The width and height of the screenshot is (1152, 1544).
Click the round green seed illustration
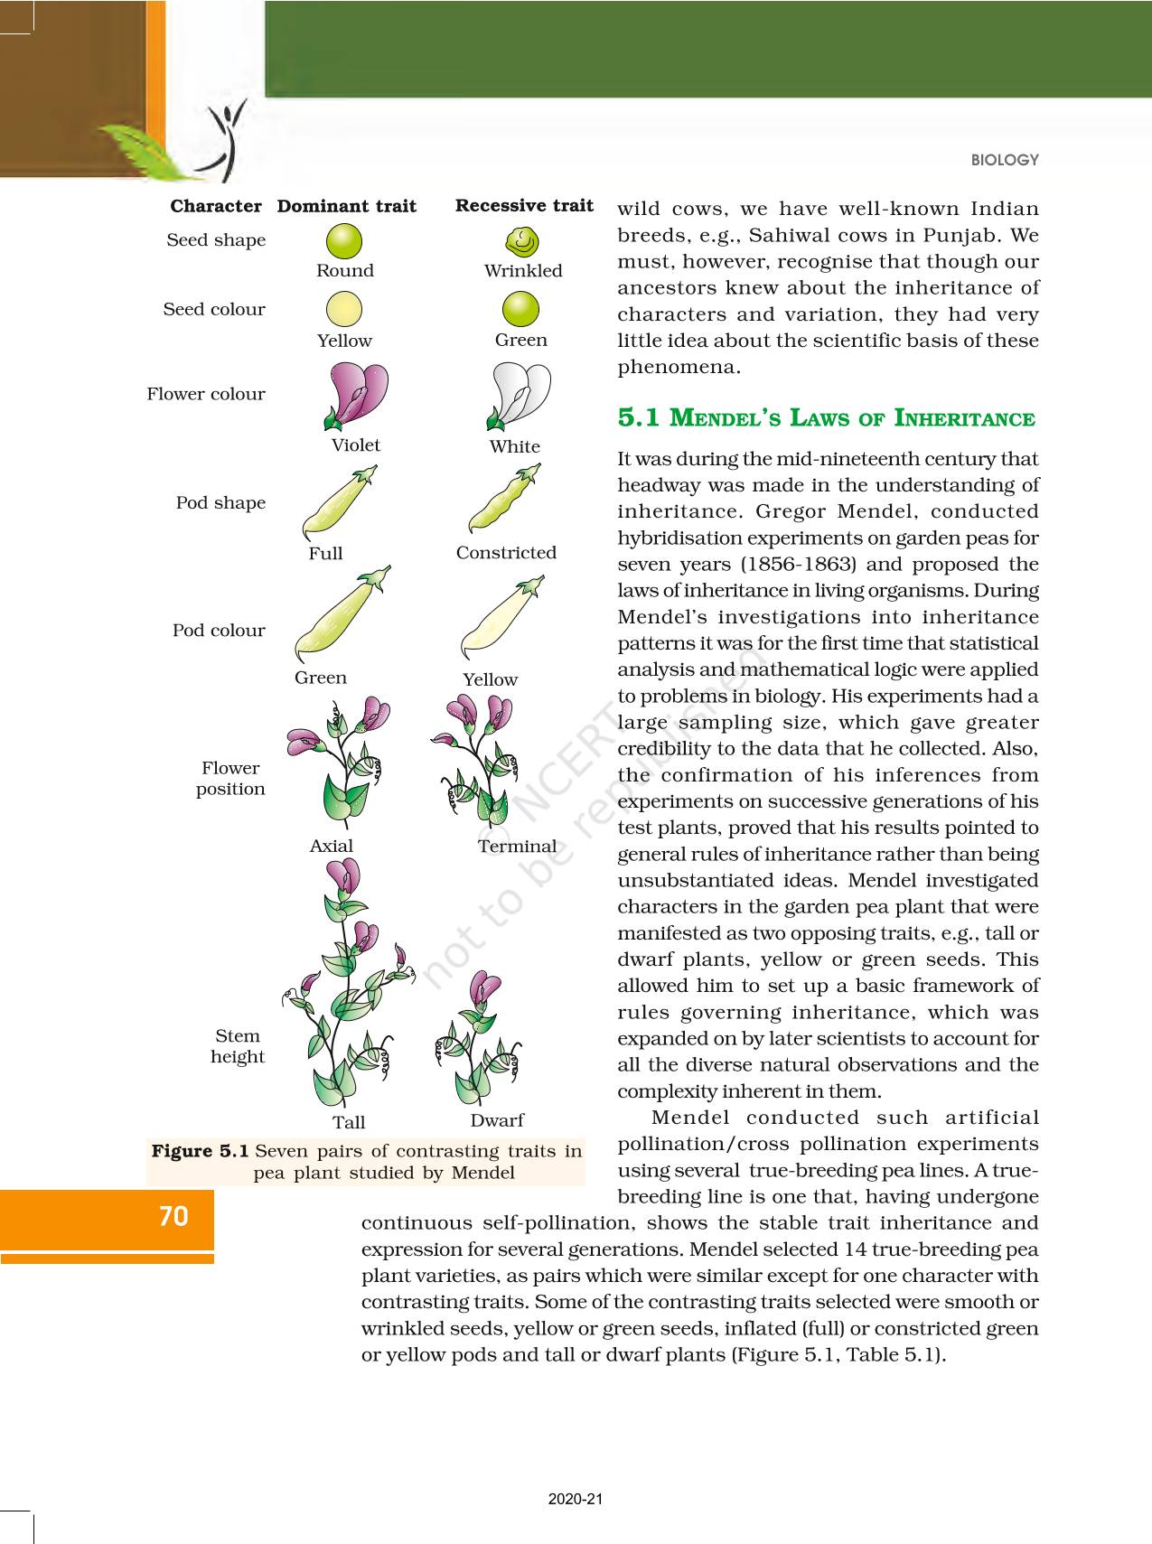[344, 241]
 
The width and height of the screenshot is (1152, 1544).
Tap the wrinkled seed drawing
[521, 241]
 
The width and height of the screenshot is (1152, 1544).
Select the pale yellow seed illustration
[343, 309]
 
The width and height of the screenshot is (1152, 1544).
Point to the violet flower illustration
[355, 395]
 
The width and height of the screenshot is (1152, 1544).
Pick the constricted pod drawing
[505, 500]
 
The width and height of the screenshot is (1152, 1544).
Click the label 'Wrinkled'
[523, 271]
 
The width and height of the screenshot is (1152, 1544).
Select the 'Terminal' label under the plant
[517, 847]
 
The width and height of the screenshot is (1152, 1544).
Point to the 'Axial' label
[332, 847]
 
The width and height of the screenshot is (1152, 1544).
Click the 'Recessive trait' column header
[524, 206]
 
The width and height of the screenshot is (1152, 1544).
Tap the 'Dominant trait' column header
[347, 207]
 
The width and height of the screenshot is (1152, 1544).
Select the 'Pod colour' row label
[219, 631]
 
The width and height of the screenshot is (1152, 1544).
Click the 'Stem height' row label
[237, 1046]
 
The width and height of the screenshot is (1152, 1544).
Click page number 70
[173, 1217]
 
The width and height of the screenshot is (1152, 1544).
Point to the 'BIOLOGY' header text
[1005, 160]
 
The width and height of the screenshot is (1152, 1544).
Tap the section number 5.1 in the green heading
[639, 418]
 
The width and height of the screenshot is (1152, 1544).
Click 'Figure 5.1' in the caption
[200, 1151]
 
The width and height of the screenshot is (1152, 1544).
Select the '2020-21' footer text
[576, 1499]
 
